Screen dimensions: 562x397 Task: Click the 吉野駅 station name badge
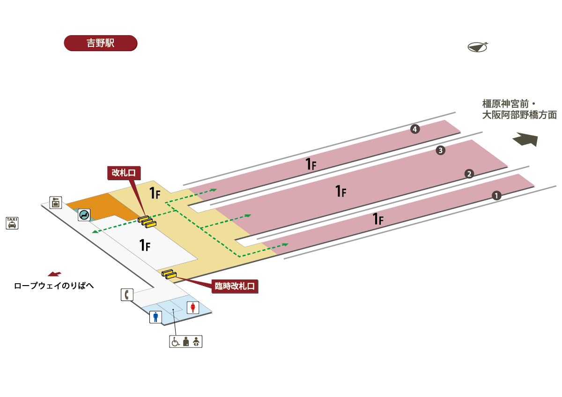(x=101, y=43)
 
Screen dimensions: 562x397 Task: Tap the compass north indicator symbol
(x=477, y=47)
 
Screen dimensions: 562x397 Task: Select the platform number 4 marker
(x=415, y=129)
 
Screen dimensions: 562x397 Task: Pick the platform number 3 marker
(x=441, y=150)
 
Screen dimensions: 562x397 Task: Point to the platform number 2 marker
(x=469, y=174)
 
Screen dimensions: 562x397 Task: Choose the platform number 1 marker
(x=496, y=196)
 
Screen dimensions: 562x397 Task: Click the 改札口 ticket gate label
(x=124, y=173)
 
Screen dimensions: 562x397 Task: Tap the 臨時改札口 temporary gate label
(x=235, y=286)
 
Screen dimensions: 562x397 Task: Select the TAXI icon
(x=12, y=223)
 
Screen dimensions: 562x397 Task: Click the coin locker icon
(x=56, y=203)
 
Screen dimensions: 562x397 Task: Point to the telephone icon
(x=127, y=294)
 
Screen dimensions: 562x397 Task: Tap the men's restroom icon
(x=155, y=317)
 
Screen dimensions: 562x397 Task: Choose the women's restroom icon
(x=193, y=308)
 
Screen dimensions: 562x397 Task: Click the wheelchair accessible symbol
(x=175, y=342)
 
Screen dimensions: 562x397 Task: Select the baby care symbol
(x=196, y=342)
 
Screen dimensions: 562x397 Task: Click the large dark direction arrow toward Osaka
(x=526, y=139)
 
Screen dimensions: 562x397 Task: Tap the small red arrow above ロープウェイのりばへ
(x=54, y=274)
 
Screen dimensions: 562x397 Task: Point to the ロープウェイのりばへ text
(x=54, y=286)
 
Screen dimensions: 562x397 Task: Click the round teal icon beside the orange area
(x=84, y=215)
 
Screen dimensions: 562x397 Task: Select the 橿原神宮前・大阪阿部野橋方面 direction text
(x=519, y=110)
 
